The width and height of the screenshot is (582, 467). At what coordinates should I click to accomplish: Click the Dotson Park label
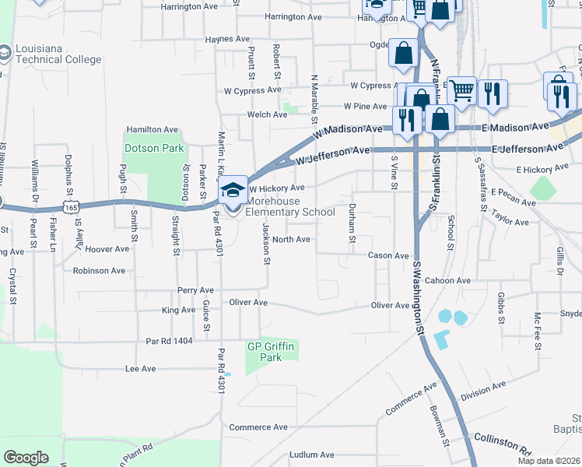[153, 148]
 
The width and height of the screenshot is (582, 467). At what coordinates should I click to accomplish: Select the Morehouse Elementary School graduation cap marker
[233, 189]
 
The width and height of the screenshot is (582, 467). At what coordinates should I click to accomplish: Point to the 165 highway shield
[72, 208]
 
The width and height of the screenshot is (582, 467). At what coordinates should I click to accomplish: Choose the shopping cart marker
[461, 91]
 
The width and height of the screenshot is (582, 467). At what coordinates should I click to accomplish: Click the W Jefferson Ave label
[331, 156]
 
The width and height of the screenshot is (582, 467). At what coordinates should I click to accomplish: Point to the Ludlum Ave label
[311, 455]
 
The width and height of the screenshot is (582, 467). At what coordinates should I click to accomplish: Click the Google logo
[26, 457]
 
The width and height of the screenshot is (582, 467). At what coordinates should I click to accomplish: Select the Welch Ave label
[268, 114]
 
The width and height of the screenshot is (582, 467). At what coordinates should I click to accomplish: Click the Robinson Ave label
[99, 271]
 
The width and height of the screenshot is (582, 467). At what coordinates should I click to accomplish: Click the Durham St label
[352, 217]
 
